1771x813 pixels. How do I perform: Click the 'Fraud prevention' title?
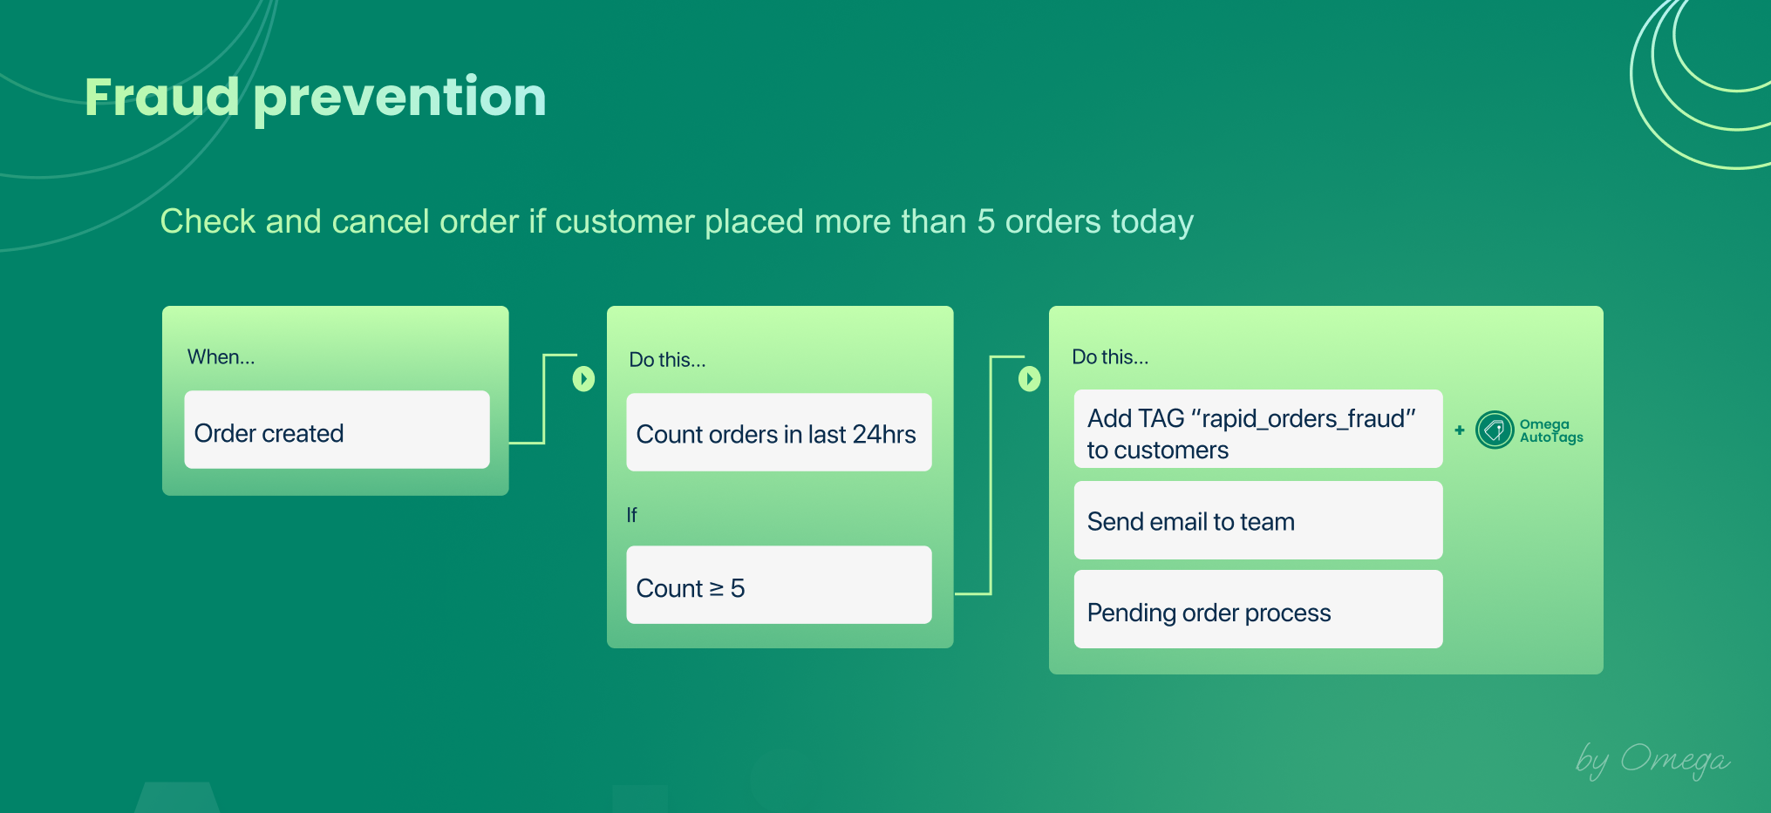tap(315, 97)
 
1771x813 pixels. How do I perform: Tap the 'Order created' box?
tap(337, 430)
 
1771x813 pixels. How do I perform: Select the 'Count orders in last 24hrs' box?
tap(778, 433)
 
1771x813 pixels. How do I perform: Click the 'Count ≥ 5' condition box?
tap(778, 586)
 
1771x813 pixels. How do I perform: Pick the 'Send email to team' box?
tap(1257, 521)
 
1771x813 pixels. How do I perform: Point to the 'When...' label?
tap(221, 357)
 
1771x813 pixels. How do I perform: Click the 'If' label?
tap(631, 515)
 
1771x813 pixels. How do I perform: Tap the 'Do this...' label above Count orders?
tap(667, 360)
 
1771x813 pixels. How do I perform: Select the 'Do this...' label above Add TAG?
tap(1109, 357)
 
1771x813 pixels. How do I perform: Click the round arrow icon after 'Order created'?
tap(583, 379)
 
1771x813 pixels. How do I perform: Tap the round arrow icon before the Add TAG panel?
tap(1029, 379)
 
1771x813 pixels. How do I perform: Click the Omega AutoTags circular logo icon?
tap(1494, 430)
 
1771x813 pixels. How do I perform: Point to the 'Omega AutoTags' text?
tap(1550, 430)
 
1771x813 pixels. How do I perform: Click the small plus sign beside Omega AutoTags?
tap(1460, 430)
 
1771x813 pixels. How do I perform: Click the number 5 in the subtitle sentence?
tap(985, 221)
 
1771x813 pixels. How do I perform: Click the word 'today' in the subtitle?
tap(1152, 222)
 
